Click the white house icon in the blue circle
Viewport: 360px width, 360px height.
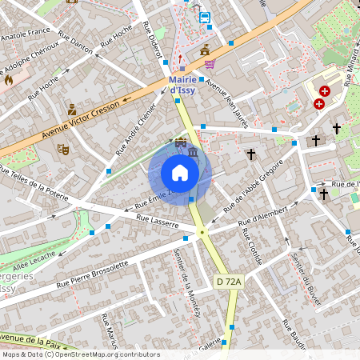click(180, 173)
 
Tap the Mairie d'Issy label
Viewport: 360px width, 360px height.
click(190, 84)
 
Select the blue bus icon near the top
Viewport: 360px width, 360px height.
click(205, 18)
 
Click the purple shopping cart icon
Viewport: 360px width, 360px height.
click(210, 64)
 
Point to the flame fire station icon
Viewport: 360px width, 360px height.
click(9, 79)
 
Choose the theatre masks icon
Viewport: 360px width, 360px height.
click(63, 148)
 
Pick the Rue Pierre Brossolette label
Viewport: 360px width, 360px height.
click(92, 274)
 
